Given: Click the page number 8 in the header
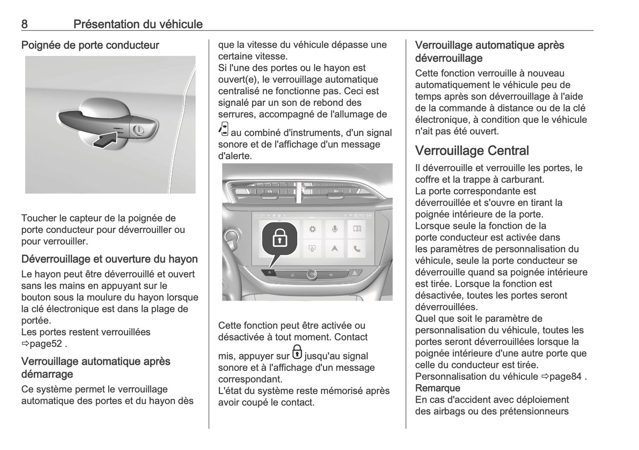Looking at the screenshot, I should [24, 24].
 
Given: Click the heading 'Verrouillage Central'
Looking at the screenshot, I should [471, 151].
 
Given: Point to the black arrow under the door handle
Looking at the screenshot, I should [106, 141].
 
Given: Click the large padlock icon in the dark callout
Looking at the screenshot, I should [279, 239].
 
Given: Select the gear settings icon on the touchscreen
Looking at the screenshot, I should [312, 229].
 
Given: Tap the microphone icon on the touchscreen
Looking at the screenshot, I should [335, 229].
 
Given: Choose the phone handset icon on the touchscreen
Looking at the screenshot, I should [357, 249].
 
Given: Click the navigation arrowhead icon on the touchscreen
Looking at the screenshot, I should [335, 249].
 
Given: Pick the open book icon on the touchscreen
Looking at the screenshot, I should [357, 229].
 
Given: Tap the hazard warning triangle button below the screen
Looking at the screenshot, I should [354, 274].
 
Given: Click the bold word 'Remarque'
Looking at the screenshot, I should [437, 388].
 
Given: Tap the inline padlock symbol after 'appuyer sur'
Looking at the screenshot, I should [297, 352].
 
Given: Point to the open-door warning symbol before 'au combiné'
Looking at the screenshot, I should [223, 129].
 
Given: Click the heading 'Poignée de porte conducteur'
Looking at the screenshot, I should [90, 45].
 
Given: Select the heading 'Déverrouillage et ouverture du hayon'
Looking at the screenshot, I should [109, 259].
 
